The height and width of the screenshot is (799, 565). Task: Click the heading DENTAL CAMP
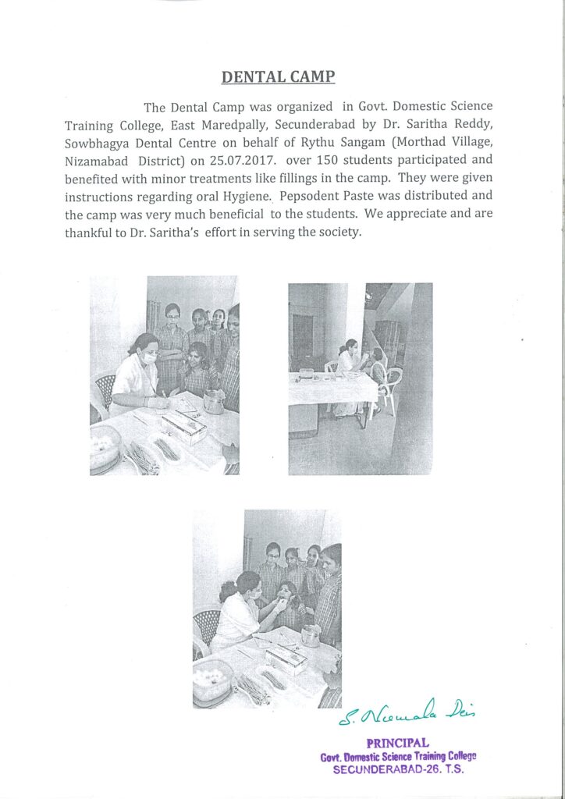[x=278, y=77]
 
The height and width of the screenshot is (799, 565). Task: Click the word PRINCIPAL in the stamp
[x=397, y=743]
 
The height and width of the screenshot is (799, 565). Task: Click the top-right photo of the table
[x=360, y=378]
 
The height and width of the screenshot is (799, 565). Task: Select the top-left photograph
[x=165, y=375]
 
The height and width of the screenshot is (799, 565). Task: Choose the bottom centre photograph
[x=267, y=609]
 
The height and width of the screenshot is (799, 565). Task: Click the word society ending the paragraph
[x=339, y=231]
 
